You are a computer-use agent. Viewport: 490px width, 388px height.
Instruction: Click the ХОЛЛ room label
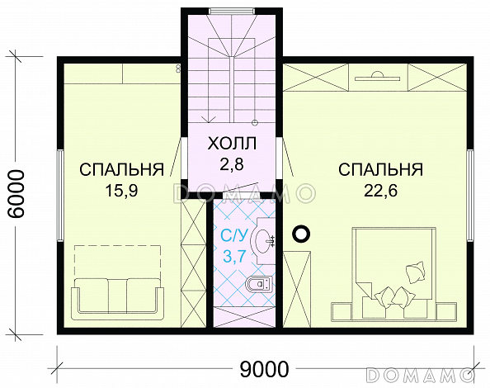pyautogui.click(x=232, y=144)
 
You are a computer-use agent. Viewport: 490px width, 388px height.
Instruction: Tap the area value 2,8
pyautogui.click(x=232, y=164)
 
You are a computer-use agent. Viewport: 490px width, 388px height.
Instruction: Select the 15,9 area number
pyautogui.click(x=121, y=191)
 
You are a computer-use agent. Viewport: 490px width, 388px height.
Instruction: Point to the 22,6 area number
pyautogui.click(x=380, y=190)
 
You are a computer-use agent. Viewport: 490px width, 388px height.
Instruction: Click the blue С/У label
pyautogui.click(x=234, y=236)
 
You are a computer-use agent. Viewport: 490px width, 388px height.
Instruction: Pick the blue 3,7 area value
pyautogui.click(x=234, y=257)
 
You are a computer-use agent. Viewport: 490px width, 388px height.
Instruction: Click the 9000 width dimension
pyautogui.click(x=264, y=370)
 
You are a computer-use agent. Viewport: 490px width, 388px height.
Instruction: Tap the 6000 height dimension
pyautogui.click(x=16, y=194)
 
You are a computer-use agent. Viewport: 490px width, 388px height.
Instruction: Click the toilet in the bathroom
pyautogui.click(x=259, y=284)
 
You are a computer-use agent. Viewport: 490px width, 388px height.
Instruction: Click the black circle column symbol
pyautogui.click(x=301, y=234)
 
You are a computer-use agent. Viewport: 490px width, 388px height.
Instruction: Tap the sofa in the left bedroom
pyautogui.click(x=117, y=299)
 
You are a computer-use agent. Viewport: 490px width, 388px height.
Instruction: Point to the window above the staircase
pyautogui.click(x=232, y=12)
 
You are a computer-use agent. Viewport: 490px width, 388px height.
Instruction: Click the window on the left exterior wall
pyautogui.click(x=60, y=196)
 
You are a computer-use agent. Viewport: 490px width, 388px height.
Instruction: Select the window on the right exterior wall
pyautogui.click(x=470, y=196)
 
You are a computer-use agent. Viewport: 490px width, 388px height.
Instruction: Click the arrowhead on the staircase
pyautogui.click(x=209, y=119)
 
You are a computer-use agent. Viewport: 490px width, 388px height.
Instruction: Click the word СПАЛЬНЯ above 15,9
pyautogui.click(x=121, y=169)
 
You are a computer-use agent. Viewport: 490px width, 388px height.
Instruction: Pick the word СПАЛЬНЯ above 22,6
pyautogui.click(x=380, y=169)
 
